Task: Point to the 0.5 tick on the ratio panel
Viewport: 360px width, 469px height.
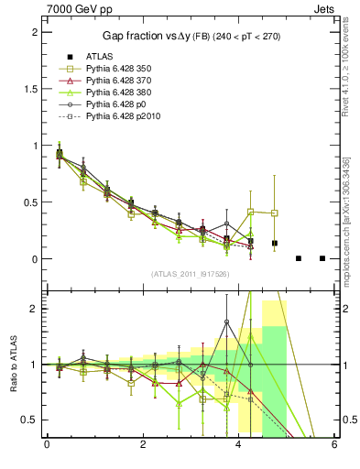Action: point(29,420)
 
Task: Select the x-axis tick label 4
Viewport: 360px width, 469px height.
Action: point(238,446)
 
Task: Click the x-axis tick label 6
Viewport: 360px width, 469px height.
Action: point(334,446)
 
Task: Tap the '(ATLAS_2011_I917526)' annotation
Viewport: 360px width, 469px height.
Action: point(190,274)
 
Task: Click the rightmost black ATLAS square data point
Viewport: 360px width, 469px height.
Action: point(322,258)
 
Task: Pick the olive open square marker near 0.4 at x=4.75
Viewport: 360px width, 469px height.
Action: point(275,213)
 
